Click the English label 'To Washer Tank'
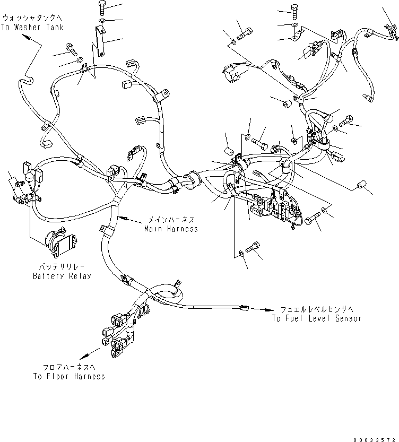tap(32, 27)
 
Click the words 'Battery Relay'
tap(62, 276)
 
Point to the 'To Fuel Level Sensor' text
tap(316, 318)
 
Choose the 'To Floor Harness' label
tap(68, 376)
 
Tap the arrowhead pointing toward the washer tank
tap(27, 39)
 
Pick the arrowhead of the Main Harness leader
tap(121, 217)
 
